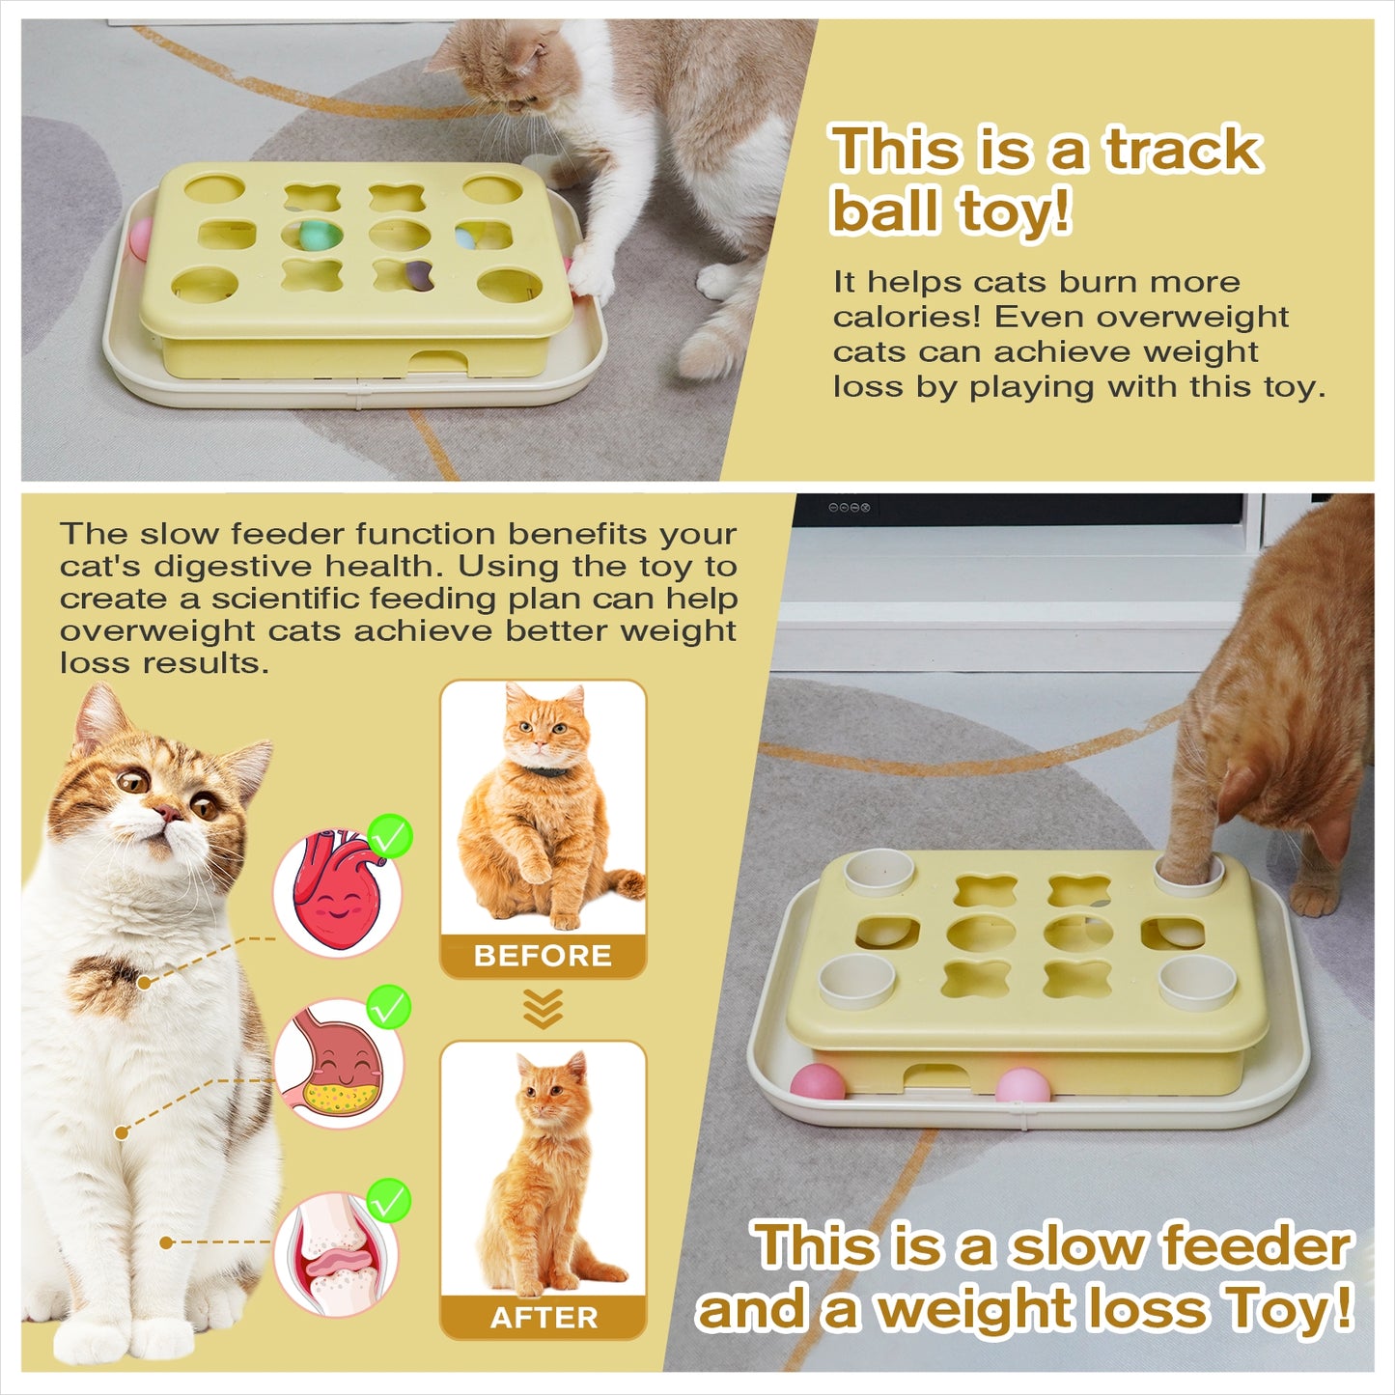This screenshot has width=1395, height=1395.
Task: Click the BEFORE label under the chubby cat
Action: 543,956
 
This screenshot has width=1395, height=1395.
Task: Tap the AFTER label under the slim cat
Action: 544,1318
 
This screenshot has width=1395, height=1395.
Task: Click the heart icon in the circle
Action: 337,893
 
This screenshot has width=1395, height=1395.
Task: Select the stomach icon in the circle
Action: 338,1063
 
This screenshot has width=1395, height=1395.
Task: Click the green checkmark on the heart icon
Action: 390,836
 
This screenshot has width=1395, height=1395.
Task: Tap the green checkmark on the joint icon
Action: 389,1201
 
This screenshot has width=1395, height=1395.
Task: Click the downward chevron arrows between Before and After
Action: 543,1009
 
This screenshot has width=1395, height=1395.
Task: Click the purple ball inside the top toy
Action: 418,275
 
